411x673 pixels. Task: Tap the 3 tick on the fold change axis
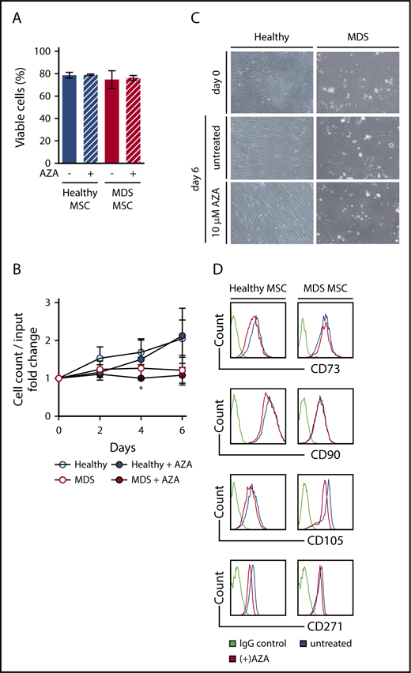pos(48,303)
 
